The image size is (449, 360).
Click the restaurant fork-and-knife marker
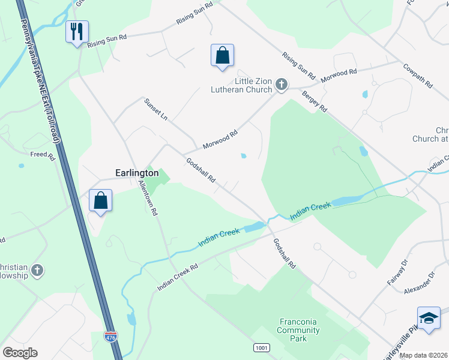[77, 32]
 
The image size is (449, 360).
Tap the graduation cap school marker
[429, 318]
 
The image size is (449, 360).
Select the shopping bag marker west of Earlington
[100, 200]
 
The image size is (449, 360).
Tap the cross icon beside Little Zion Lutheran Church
[281, 86]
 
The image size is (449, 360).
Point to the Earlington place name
[137, 173]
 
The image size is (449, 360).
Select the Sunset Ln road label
[155, 110]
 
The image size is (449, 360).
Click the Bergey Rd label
[314, 100]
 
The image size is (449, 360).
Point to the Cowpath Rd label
[418, 76]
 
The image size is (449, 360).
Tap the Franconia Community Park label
[298, 330]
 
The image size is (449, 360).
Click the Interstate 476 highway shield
[110, 337]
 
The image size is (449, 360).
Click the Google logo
[20, 353]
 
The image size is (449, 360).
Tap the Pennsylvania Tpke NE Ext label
[40, 81]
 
